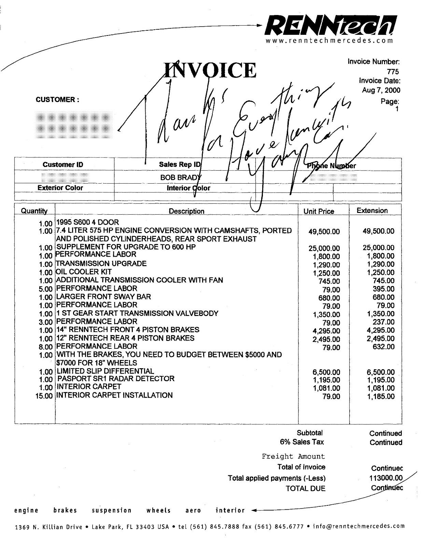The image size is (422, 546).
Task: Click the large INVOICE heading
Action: pos(210,70)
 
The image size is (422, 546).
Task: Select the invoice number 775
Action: pos(393,71)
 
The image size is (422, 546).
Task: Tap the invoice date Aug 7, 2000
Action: pos(381,90)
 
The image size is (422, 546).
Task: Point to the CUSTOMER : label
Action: pos(57,100)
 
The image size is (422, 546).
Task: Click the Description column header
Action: pos(186,211)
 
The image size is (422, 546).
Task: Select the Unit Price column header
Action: pos(319,212)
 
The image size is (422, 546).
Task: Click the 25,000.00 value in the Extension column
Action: pos(378,248)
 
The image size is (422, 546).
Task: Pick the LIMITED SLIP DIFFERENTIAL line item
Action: pos(105,371)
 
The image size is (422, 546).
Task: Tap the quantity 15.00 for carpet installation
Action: pos(44,396)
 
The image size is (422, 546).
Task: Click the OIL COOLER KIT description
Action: pos(84,272)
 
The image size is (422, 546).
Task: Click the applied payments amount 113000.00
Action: pos(386,478)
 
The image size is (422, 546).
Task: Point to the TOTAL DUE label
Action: pos(306,488)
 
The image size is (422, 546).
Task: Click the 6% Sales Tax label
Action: pos(302,442)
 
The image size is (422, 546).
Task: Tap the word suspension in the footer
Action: pos(112,511)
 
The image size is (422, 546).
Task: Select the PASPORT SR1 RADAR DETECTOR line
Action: pos(116,379)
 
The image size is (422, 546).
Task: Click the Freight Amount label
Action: pos(293,457)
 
